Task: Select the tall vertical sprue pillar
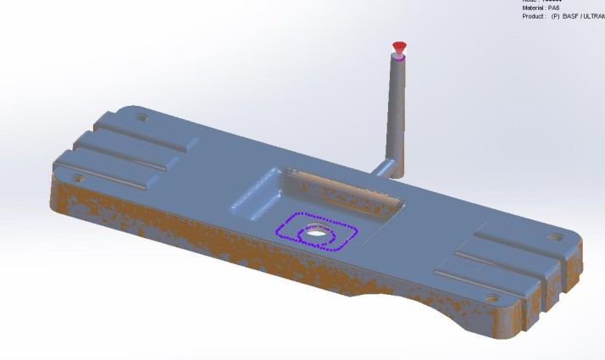click(x=395, y=110)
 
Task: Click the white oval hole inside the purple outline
click(x=319, y=231)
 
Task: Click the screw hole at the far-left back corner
click(x=140, y=116)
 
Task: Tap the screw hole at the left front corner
click(x=79, y=179)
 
